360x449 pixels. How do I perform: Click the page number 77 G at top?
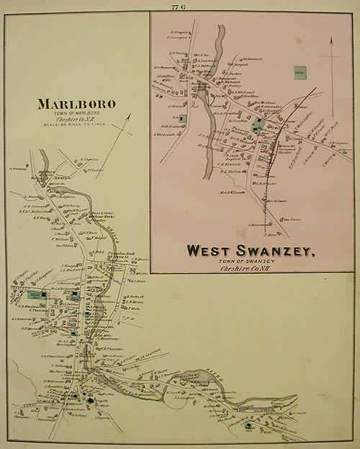pos(177,6)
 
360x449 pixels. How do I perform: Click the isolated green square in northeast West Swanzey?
pos(298,72)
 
